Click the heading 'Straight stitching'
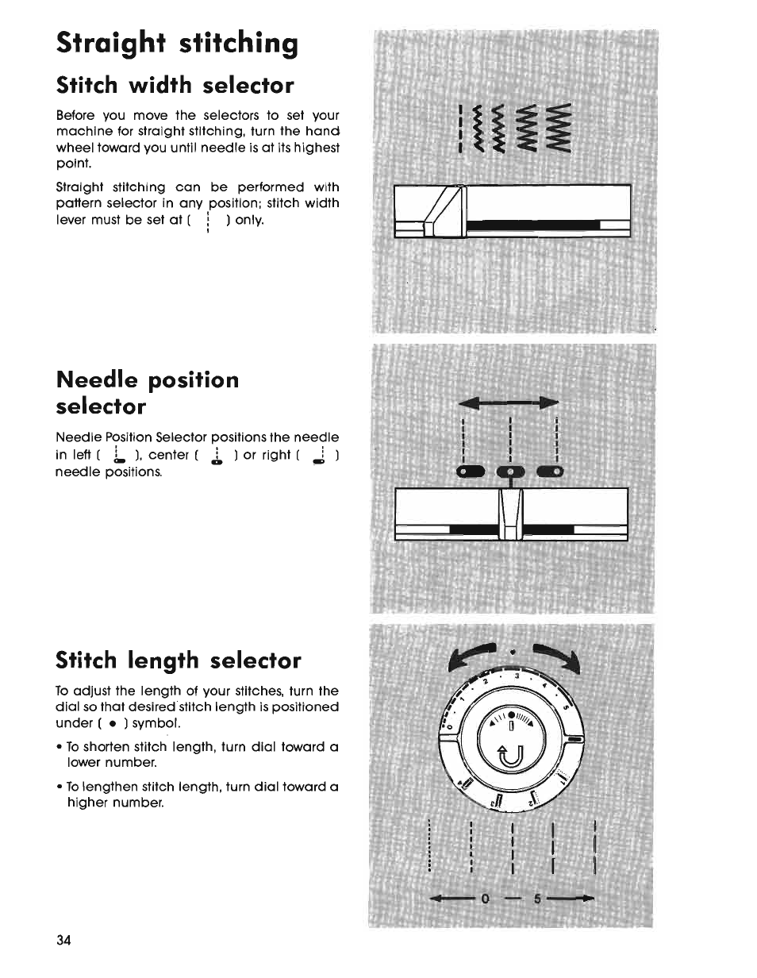[177, 43]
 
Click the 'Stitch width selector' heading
[175, 85]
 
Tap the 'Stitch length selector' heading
[179, 660]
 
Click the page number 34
[64, 941]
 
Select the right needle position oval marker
[551, 474]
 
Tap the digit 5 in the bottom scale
[537, 899]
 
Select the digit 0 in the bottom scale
[485, 899]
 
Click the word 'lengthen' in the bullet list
[122, 787]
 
